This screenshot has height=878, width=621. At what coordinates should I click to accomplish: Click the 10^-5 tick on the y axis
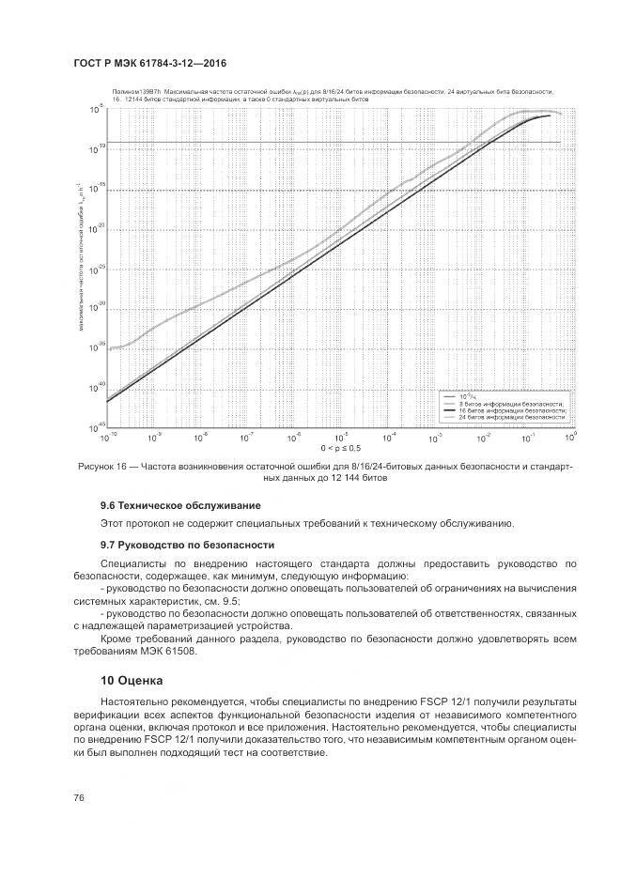click(96, 110)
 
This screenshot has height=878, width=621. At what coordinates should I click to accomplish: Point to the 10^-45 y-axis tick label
click(96, 427)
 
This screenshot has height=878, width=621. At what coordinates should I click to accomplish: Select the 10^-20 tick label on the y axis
click(96, 229)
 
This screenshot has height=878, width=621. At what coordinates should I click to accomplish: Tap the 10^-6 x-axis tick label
click(292, 437)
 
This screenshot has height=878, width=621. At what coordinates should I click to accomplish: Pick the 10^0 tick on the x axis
click(569, 437)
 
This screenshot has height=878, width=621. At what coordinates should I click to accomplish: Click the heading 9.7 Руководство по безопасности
click(174, 545)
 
